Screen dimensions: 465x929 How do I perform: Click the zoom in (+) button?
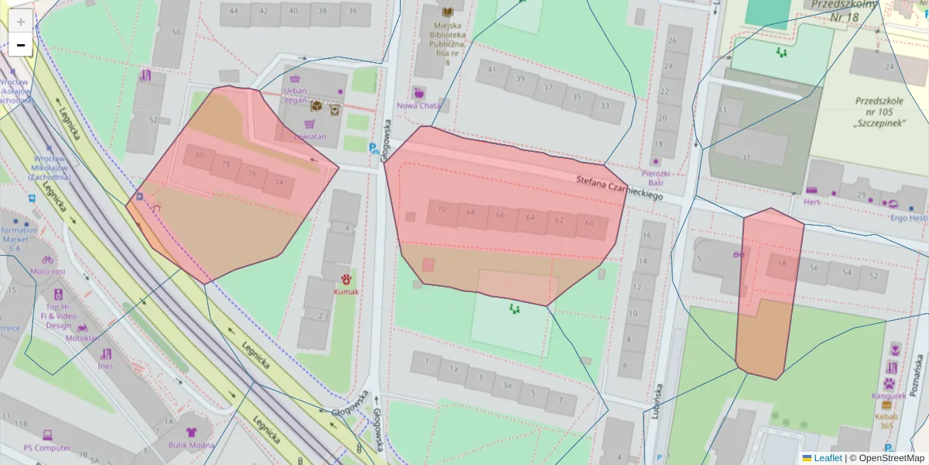pyautogui.click(x=20, y=21)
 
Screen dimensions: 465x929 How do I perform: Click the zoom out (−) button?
pyautogui.click(x=20, y=45)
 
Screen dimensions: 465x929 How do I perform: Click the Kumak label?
pyautogui.click(x=346, y=291)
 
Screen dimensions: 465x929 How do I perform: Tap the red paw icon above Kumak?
pyautogui.click(x=346, y=278)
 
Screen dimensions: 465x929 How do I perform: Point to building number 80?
pyautogui.click(x=200, y=155)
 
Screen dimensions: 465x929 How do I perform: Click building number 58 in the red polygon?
pyautogui.click(x=782, y=263)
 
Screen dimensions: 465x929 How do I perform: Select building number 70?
pyautogui.click(x=441, y=210)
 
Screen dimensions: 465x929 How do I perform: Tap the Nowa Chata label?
pyautogui.click(x=419, y=105)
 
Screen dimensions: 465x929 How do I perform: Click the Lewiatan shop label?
pyautogui.click(x=310, y=136)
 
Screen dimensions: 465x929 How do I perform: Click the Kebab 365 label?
pyautogui.click(x=886, y=421)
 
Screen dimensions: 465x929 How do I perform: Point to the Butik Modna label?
pyautogui.click(x=191, y=445)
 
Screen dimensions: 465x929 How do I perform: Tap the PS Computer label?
pyautogui.click(x=46, y=448)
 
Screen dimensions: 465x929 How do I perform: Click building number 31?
pyautogui.click(x=746, y=157)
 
